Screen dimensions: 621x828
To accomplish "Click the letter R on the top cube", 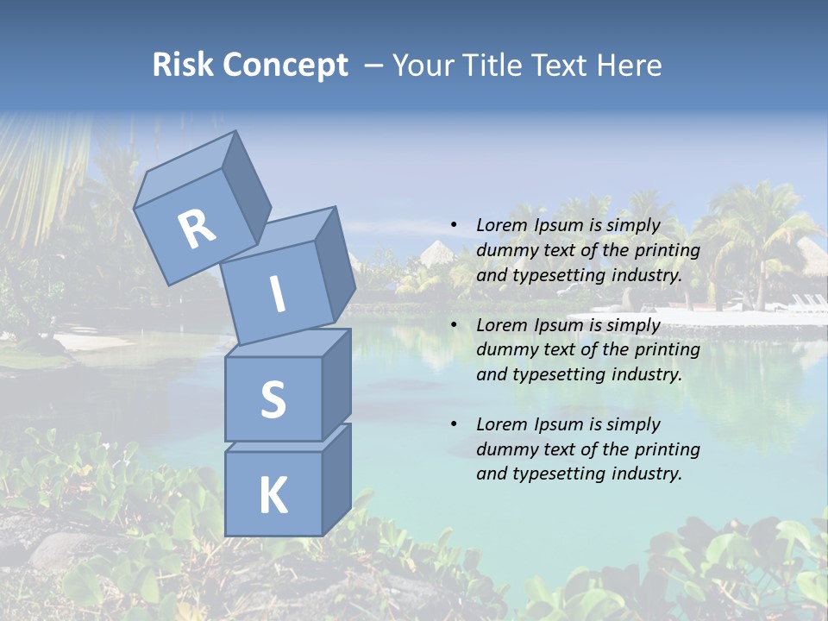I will pos(197,229).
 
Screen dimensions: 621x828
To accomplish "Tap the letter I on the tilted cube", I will pos(278,295).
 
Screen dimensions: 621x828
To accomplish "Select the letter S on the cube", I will pos(273,399).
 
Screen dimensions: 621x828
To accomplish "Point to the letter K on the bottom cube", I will pos(273,497).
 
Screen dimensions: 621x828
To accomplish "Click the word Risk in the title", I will pos(182,66).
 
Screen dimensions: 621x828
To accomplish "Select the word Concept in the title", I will pos(285,66).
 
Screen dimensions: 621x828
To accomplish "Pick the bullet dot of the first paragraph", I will pos(454,225).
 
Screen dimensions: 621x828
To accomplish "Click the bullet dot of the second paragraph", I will pos(454,325).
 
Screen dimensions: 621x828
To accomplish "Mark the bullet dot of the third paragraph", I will pos(454,424).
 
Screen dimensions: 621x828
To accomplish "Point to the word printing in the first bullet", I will pos(667,250).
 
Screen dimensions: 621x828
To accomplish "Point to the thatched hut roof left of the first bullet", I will pos(437,253).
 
